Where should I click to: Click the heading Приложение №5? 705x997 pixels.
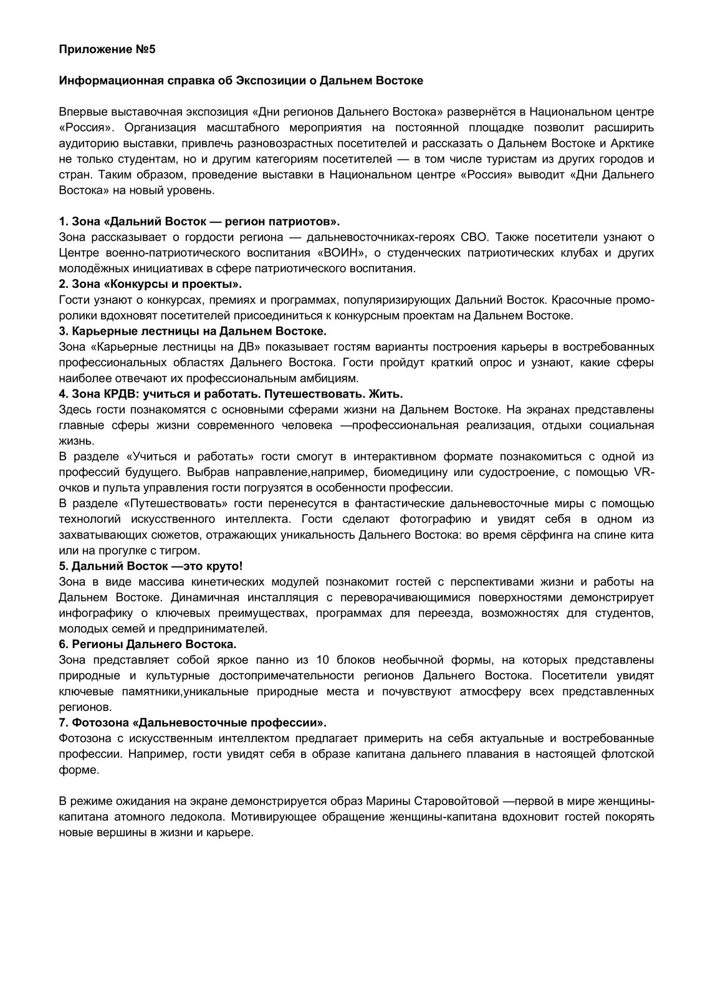[x=107, y=50]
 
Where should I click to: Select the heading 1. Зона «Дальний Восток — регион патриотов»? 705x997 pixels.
[x=199, y=222]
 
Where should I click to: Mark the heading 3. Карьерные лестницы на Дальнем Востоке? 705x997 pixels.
[x=193, y=331]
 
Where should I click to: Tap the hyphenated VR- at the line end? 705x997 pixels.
[x=645, y=472]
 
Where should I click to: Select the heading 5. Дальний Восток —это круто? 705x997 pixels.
[x=150, y=566]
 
